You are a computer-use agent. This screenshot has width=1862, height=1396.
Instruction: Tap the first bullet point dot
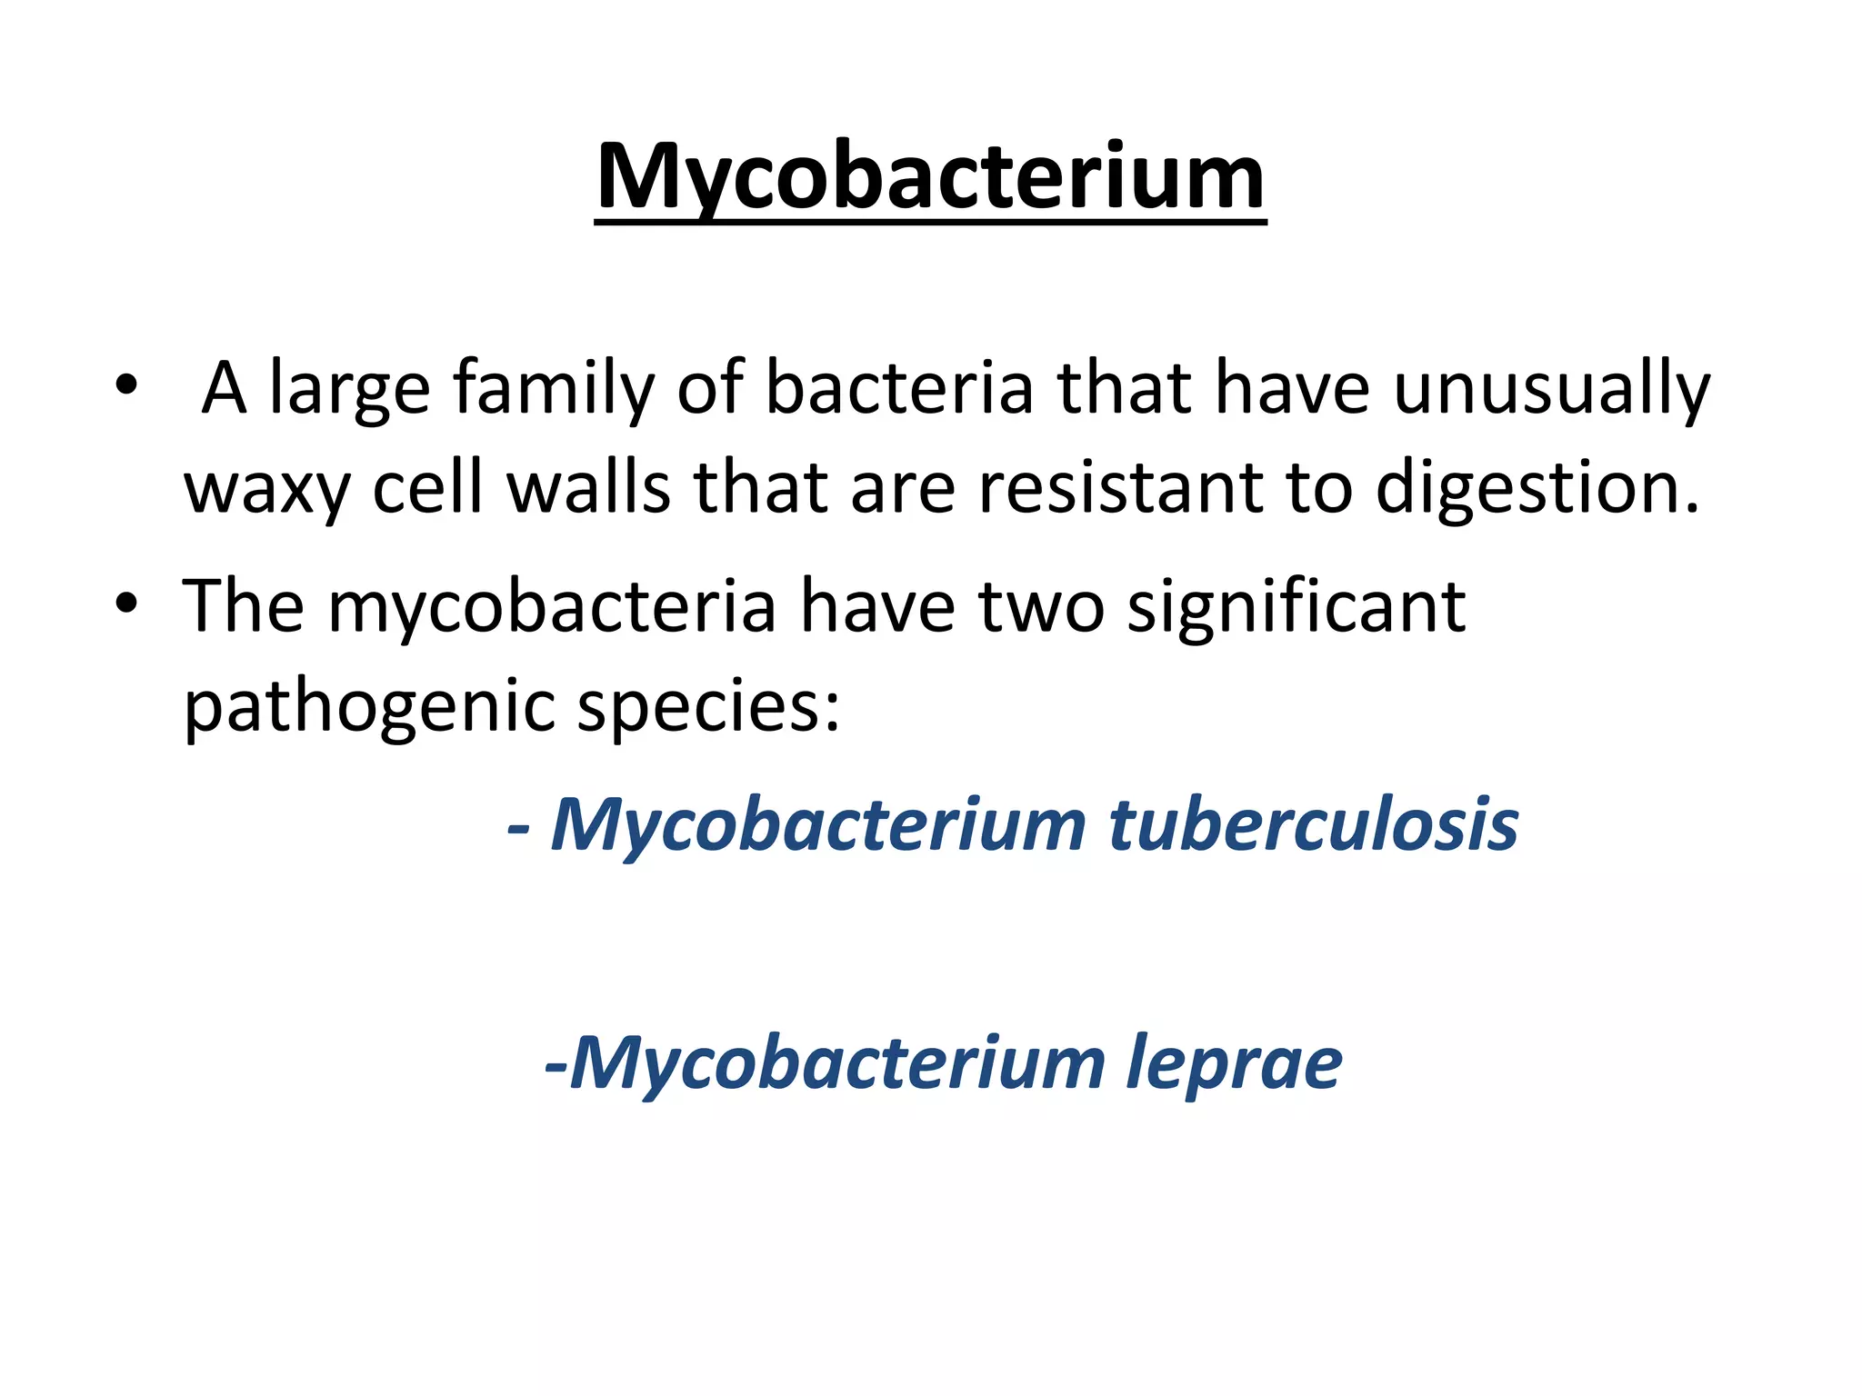point(126,384)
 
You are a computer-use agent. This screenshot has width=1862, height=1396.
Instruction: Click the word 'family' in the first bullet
point(554,389)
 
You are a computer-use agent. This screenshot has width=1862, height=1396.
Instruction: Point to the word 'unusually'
point(1551,389)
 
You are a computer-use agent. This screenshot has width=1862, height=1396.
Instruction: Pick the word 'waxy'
point(266,489)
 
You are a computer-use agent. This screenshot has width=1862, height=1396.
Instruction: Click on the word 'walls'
point(587,487)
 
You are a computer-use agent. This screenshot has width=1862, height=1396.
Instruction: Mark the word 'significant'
point(1296,606)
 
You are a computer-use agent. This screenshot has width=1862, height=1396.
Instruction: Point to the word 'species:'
point(708,706)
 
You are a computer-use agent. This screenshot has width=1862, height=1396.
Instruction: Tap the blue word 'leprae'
point(1234,1063)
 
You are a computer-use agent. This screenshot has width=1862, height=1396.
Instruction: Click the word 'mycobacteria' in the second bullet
point(552,606)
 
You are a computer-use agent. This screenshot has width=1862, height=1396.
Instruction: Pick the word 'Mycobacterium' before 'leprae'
point(836,1063)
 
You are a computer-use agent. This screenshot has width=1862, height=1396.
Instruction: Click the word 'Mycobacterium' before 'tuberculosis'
point(818,824)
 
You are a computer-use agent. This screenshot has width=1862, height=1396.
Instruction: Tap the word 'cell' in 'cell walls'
point(427,487)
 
